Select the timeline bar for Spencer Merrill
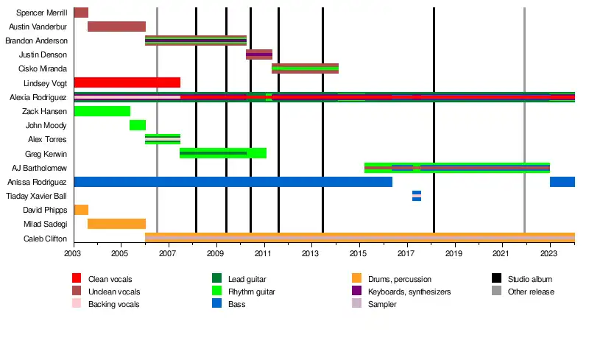click(x=81, y=13)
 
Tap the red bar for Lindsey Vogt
click(x=127, y=82)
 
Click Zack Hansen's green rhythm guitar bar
click(x=102, y=111)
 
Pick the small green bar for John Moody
click(x=137, y=125)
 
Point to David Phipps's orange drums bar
click(x=81, y=210)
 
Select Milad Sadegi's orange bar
click(x=116, y=224)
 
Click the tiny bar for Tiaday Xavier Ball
click(x=417, y=196)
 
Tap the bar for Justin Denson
click(x=258, y=54)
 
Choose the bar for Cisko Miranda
click(x=305, y=68)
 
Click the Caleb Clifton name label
click(x=46, y=239)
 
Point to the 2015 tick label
click(x=359, y=253)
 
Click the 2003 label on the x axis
click(x=74, y=253)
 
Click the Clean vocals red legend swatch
click(x=77, y=279)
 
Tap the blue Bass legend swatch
click(x=216, y=303)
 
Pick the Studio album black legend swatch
click(x=497, y=279)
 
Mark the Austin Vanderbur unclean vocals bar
click(x=116, y=27)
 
